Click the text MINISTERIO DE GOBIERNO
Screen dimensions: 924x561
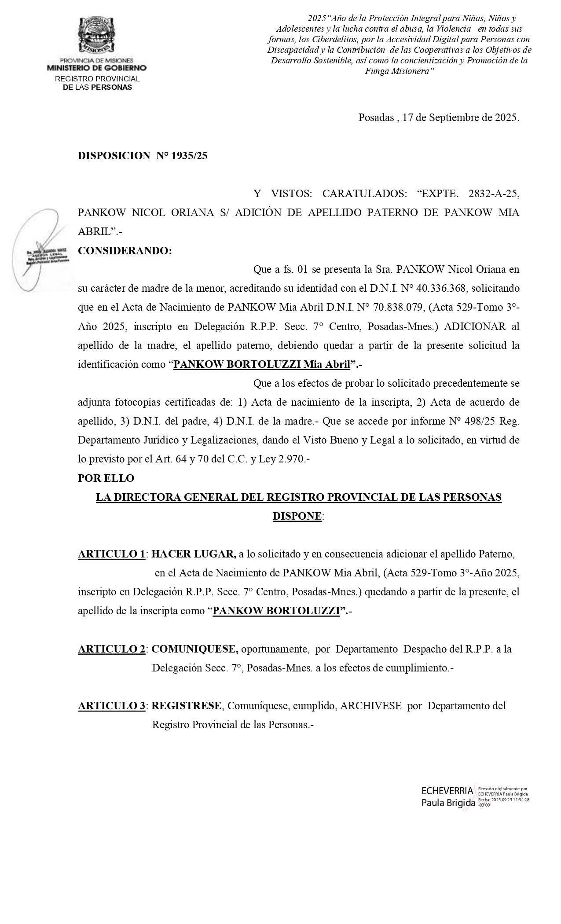pyautogui.click(x=96, y=68)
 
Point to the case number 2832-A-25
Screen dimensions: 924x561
pyautogui.click(x=494, y=194)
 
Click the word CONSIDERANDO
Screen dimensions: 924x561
pyautogui.click(x=125, y=251)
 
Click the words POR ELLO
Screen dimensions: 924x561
pyautogui.click(x=106, y=478)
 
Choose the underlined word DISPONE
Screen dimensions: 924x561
pyautogui.click(x=297, y=516)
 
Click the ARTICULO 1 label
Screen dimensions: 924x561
pyautogui.click(x=111, y=554)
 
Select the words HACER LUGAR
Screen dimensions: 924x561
pyautogui.click(x=194, y=554)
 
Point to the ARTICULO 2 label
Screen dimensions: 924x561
pyautogui.click(x=111, y=649)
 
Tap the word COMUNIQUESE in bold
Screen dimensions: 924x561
pyautogui.click(x=195, y=649)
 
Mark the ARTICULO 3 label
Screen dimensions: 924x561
pyautogui.click(x=111, y=706)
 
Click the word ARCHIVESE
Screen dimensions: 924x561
pyautogui.click(x=370, y=706)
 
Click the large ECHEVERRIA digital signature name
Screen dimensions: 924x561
pyautogui.click(x=447, y=791)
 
